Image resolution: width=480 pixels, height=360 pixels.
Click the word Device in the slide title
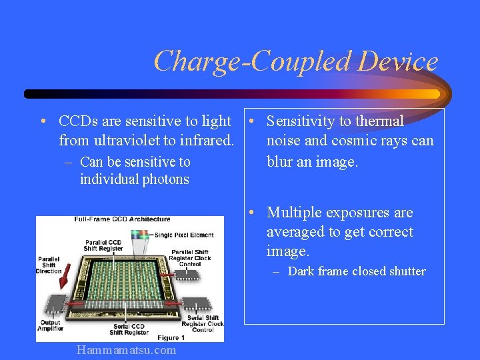(397, 61)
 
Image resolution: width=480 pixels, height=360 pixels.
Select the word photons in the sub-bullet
(164, 179)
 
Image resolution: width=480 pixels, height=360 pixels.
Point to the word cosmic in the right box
(349, 141)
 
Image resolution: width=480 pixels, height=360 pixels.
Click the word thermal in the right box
(379, 121)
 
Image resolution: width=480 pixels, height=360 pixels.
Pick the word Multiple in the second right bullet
(294, 213)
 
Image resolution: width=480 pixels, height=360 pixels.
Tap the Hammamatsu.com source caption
(127, 350)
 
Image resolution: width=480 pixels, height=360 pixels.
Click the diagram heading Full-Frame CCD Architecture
(122, 219)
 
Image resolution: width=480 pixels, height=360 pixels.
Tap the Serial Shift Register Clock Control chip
(197, 304)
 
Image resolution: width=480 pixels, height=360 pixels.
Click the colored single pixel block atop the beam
(141, 234)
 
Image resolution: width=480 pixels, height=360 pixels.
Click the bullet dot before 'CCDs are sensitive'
(42, 122)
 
